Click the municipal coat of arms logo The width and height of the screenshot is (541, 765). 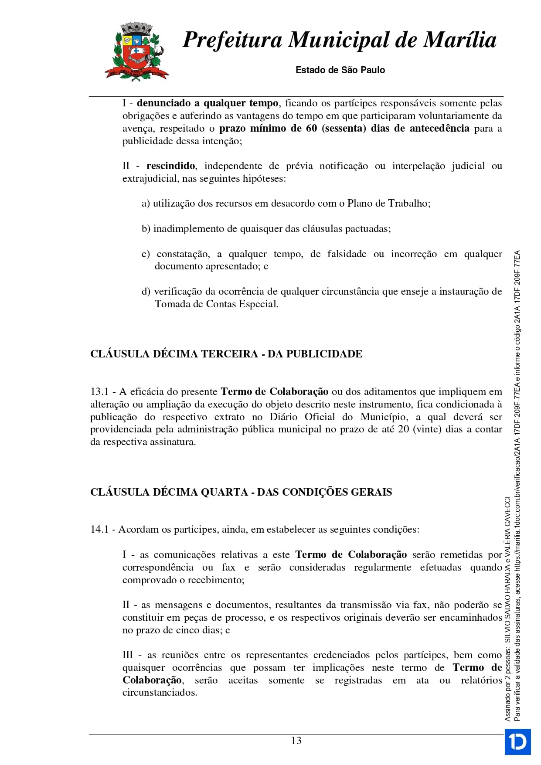[x=136, y=51]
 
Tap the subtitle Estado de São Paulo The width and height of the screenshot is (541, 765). [x=340, y=70]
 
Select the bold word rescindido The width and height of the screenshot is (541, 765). [x=170, y=166]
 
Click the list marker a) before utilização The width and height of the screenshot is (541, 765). [x=146, y=204]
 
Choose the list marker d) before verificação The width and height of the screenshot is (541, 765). [x=146, y=292]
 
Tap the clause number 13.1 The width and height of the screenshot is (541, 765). [x=99, y=392]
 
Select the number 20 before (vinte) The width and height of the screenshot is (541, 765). [x=403, y=429]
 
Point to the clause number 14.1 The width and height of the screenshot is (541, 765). [x=99, y=530]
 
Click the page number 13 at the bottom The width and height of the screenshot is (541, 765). [x=296, y=741]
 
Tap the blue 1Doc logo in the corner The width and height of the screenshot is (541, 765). [x=517, y=741]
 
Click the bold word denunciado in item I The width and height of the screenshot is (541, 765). [x=163, y=103]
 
